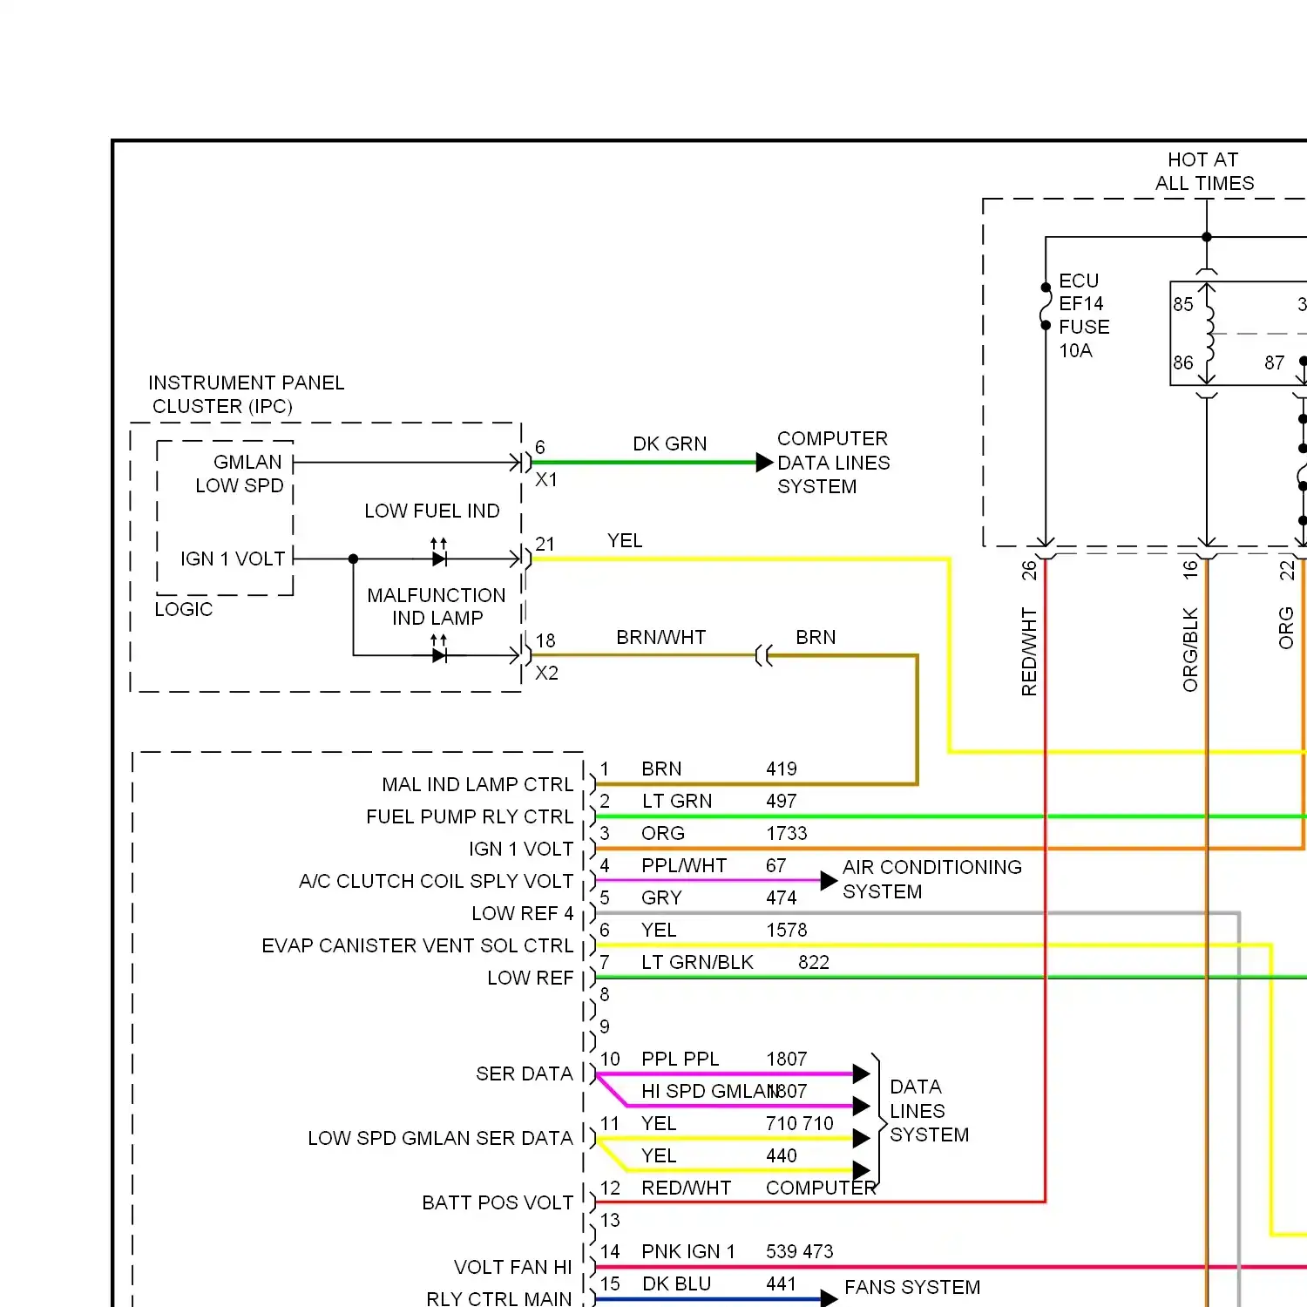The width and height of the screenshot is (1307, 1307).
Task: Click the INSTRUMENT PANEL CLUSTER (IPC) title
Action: pos(246,395)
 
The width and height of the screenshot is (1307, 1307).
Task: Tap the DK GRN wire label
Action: pos(669,444)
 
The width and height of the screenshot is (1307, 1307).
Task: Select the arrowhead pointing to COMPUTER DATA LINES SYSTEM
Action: pos(764,462)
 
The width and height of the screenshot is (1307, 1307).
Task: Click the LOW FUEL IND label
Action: pos(431,511)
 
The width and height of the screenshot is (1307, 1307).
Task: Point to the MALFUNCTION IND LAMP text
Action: pos(437,606)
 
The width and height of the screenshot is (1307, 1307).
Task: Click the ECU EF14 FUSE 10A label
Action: pos(1083,315)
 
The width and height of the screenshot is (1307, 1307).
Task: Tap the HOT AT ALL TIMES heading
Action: pos(1204,172)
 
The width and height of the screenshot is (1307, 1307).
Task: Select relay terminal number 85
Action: pos(1182,305)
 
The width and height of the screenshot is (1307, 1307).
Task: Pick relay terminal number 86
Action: pos(1182,363)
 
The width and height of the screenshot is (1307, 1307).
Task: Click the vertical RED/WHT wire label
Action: pos(1029,652)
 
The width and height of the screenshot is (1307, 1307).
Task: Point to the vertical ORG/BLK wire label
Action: pos(1190,650)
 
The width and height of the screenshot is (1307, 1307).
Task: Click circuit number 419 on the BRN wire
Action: pos(781,769)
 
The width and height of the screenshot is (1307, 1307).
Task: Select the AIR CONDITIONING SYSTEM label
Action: pos(931,879)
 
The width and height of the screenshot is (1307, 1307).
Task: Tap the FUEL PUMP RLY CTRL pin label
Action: pos(470,817)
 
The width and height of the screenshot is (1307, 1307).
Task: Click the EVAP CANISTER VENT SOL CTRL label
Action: pos(417,946)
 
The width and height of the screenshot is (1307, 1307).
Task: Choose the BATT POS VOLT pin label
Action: pos(498,1203)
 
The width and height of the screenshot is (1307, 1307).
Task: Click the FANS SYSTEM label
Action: pos(912,1288)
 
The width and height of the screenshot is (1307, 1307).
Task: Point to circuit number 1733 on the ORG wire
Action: pos(786,834)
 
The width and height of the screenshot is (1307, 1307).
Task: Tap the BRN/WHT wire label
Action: pos(660,638)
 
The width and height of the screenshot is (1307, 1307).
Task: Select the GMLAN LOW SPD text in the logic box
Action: pos(240,474)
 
